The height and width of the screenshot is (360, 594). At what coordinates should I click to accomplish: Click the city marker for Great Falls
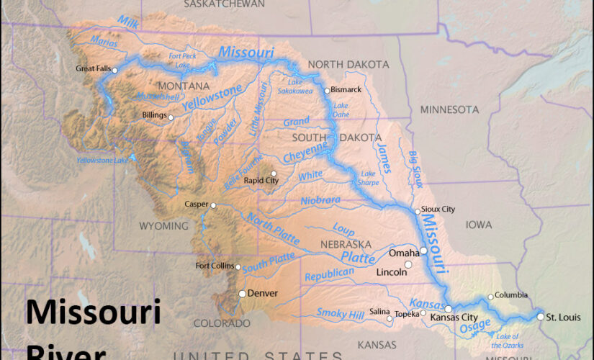[x=114, y=70]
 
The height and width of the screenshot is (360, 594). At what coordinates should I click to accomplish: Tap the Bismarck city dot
[x=327, y=91]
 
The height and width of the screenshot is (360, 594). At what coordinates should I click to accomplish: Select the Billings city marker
[x=171, y=117]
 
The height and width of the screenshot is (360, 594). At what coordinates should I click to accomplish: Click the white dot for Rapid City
[x=273, y=174]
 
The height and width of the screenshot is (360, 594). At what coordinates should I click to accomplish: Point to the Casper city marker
[x=213, y=205]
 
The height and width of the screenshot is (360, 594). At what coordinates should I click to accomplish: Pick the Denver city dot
[x=242, y=294]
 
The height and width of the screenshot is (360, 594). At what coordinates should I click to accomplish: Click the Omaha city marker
[x=424, y=251]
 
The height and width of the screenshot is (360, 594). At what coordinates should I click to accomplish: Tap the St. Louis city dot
[x=541, y=316]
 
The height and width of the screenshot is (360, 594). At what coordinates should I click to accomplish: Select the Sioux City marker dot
[x=418, y=211]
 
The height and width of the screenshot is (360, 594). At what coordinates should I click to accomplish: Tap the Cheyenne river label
[x=305, y=152]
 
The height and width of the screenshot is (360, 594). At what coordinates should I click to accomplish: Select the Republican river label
[x=330, y=274]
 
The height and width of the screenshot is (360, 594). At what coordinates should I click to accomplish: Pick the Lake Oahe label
[x=341, y=109]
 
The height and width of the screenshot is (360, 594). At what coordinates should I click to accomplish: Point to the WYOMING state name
[x=163, y=225]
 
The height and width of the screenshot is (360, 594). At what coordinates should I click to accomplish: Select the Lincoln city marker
[x=408, y=265]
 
